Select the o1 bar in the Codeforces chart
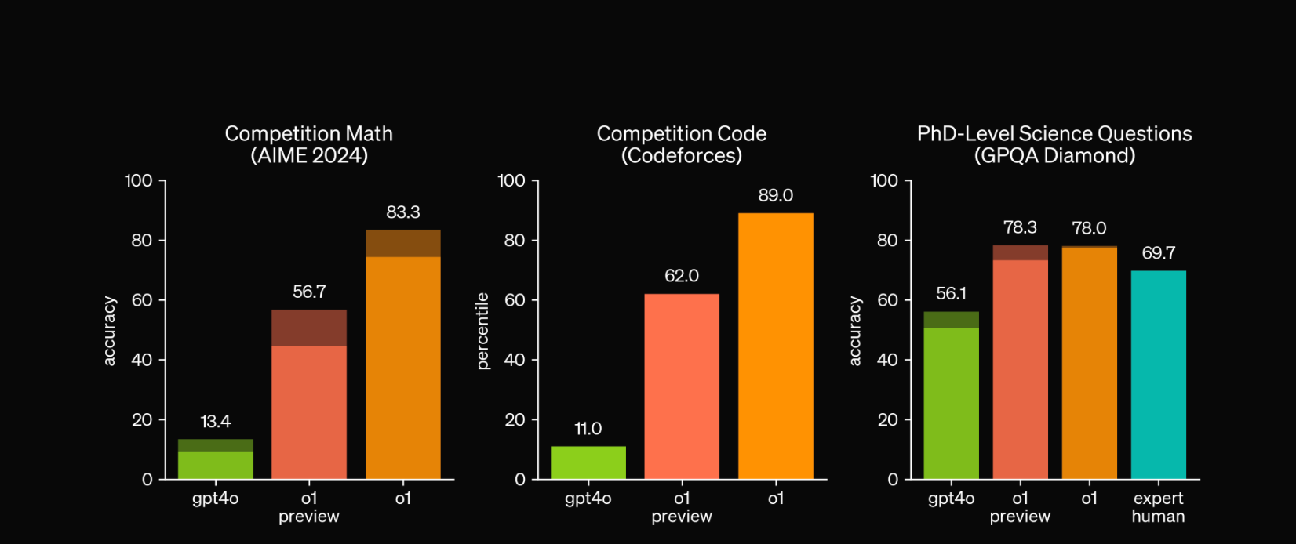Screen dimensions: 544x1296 tap(775, 345)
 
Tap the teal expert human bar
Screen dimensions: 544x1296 tap(1158, 375)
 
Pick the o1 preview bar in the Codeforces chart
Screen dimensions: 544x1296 tap(682, 386)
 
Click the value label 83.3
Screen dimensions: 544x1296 tap(402, 212)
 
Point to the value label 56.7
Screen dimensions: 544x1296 tap(309, 292)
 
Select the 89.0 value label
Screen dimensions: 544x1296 tap(775, 196)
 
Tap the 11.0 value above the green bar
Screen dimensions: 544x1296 tap(588, 429)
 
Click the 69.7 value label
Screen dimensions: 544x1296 tap(1158, 253)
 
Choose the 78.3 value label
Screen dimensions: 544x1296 tap(1020, 228)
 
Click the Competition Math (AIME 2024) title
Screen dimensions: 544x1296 tap(309, 145)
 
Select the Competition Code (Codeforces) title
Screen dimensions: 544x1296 tap(682, 145)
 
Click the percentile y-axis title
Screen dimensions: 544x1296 tap(482, 331)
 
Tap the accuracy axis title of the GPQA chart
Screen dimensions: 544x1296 tap(855, 331)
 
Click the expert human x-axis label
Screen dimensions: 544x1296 tap(1158, 507)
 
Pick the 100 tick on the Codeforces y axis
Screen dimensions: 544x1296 tap(511, 181)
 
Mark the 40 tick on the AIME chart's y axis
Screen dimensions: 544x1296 tap(142, 360)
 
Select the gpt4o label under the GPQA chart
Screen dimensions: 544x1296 tap(951, 499)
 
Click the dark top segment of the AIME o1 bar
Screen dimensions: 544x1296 tap(402, 244)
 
